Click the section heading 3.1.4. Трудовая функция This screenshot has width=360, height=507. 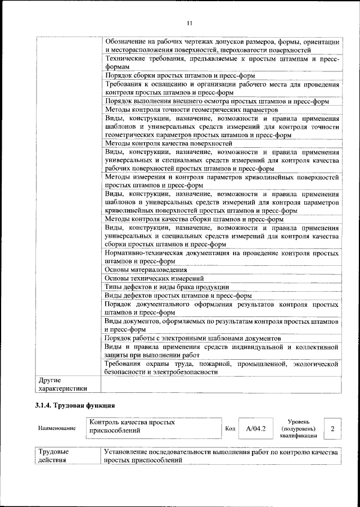75,405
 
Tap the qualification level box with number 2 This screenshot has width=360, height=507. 333,429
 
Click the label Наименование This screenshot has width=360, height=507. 57,429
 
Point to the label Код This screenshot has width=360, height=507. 229,429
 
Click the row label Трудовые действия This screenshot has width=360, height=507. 53,456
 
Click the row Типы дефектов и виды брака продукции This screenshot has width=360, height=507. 166,287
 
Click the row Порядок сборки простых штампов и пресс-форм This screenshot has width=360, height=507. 180,75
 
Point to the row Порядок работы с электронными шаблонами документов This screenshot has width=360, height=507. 192,339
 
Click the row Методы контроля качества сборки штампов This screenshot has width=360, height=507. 194,219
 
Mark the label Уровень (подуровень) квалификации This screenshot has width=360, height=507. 301,429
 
